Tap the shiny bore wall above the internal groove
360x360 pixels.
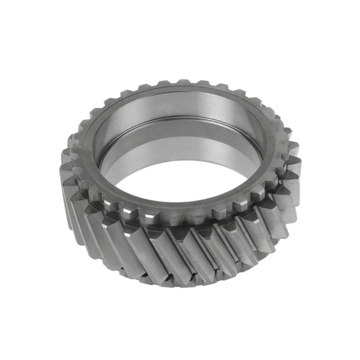[180, 106]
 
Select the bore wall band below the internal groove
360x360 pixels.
[180, 135]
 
